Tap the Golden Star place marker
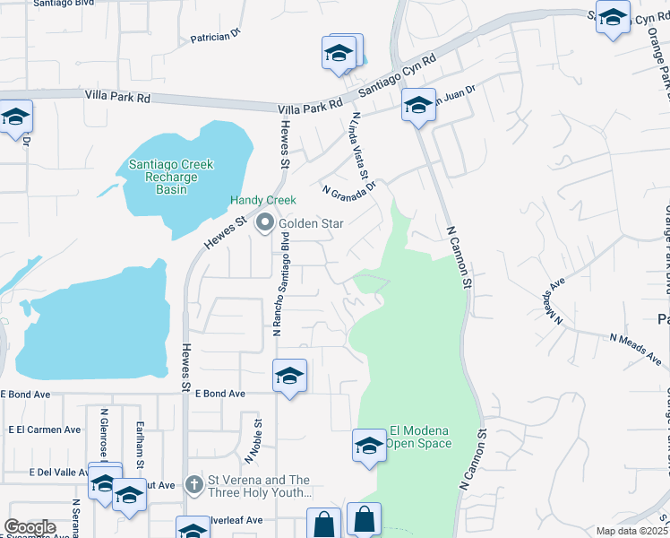point(264,223)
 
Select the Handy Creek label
point(262,200)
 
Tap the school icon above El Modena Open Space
point(369,445)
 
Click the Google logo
point(30,527)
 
